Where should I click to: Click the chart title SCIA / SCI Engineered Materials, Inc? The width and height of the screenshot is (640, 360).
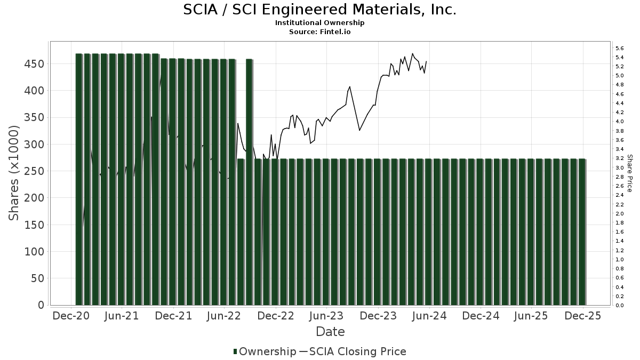[x=319, y=10]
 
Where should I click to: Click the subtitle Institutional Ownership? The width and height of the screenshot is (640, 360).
[x=319, y=23]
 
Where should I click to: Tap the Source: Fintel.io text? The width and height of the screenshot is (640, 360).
[x=319, y=31]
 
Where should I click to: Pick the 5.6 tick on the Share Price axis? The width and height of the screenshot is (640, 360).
[x=620, y=48]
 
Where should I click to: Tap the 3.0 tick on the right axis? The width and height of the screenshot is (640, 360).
[x=620, y=167]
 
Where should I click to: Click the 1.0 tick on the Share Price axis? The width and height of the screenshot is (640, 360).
[x=620, y=259]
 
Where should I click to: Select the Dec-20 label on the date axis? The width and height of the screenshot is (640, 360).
[x=71, y=316]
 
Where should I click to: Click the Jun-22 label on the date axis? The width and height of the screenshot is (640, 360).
[x=225, y=316]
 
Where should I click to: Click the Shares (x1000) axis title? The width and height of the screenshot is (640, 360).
[x=14, y=173]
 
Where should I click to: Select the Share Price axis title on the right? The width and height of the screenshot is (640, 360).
[x=630, y=173]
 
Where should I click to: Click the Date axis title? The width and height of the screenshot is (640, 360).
[x=330, y=332]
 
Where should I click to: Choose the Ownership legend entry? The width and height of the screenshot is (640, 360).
[x=265, y=351]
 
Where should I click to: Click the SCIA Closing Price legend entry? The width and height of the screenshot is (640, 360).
[x=353, y=351]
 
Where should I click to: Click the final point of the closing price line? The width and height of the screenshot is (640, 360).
[x=426, y=61]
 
